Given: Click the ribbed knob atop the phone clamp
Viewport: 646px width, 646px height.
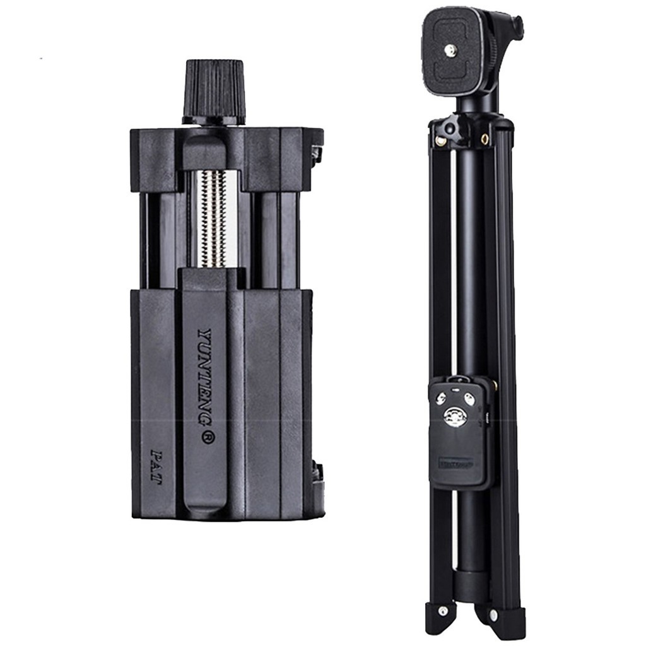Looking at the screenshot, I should tap(214, 90).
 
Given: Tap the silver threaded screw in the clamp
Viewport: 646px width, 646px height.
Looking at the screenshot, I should tap(213, 218).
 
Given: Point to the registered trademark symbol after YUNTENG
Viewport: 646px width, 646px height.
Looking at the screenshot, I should tap(207, 436).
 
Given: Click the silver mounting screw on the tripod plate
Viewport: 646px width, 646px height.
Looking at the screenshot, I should tap(452, 49).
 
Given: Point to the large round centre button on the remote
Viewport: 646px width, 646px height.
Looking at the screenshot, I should tap(455, 416).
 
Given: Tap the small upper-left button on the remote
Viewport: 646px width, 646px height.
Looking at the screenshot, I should tap(441, 398).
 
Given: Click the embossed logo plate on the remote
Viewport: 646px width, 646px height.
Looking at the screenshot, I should tap(456, 464).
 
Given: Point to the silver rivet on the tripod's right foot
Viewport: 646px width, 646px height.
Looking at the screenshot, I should tap(493, 613).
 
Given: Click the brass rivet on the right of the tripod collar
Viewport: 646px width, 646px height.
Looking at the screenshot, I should tap(484, 139).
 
